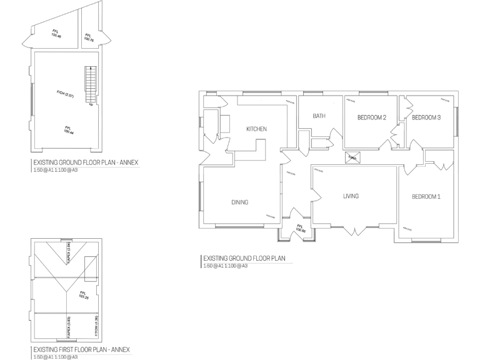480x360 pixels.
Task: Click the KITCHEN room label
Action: point(256,129)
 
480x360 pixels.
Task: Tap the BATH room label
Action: point(319,116)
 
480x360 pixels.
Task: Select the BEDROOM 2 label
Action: point(372,117)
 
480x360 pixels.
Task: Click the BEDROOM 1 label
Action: point(426,197)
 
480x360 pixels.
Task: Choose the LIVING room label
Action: point(351,196)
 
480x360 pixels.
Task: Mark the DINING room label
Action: point(240,202)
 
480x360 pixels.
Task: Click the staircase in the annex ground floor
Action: point(91,86)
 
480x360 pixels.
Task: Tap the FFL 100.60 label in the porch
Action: point(300,229)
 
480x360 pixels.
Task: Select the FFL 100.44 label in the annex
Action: point(68,131)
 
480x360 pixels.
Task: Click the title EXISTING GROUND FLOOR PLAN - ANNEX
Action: point(85,162)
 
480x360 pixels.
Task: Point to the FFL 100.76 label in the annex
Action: point(88,38)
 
